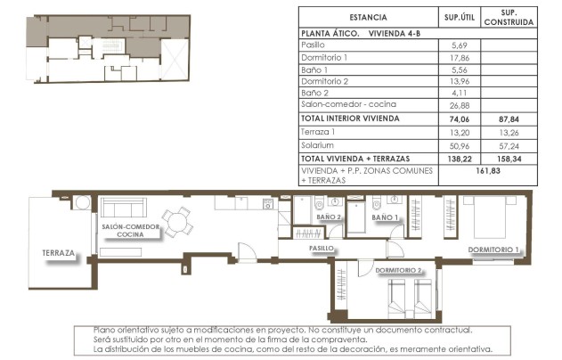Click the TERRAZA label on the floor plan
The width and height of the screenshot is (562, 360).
click(59, 253)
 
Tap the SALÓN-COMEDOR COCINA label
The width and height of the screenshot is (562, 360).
click(130, 231)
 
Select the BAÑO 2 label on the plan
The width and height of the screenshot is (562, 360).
click(329, 217)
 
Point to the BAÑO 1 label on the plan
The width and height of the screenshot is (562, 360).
click(385, 217)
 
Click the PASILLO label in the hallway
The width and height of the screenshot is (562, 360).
click(321, 248)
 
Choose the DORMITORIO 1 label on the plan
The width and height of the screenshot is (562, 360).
click(493, 250)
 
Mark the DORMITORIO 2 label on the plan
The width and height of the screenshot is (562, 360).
click(399, 269)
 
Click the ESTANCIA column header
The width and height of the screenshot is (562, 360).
click(368, 17)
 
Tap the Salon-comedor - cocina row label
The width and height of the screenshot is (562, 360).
click(346, 105)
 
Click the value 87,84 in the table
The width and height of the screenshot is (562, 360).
click(509, 118)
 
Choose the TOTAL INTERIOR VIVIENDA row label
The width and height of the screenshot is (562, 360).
click(350, 118)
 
